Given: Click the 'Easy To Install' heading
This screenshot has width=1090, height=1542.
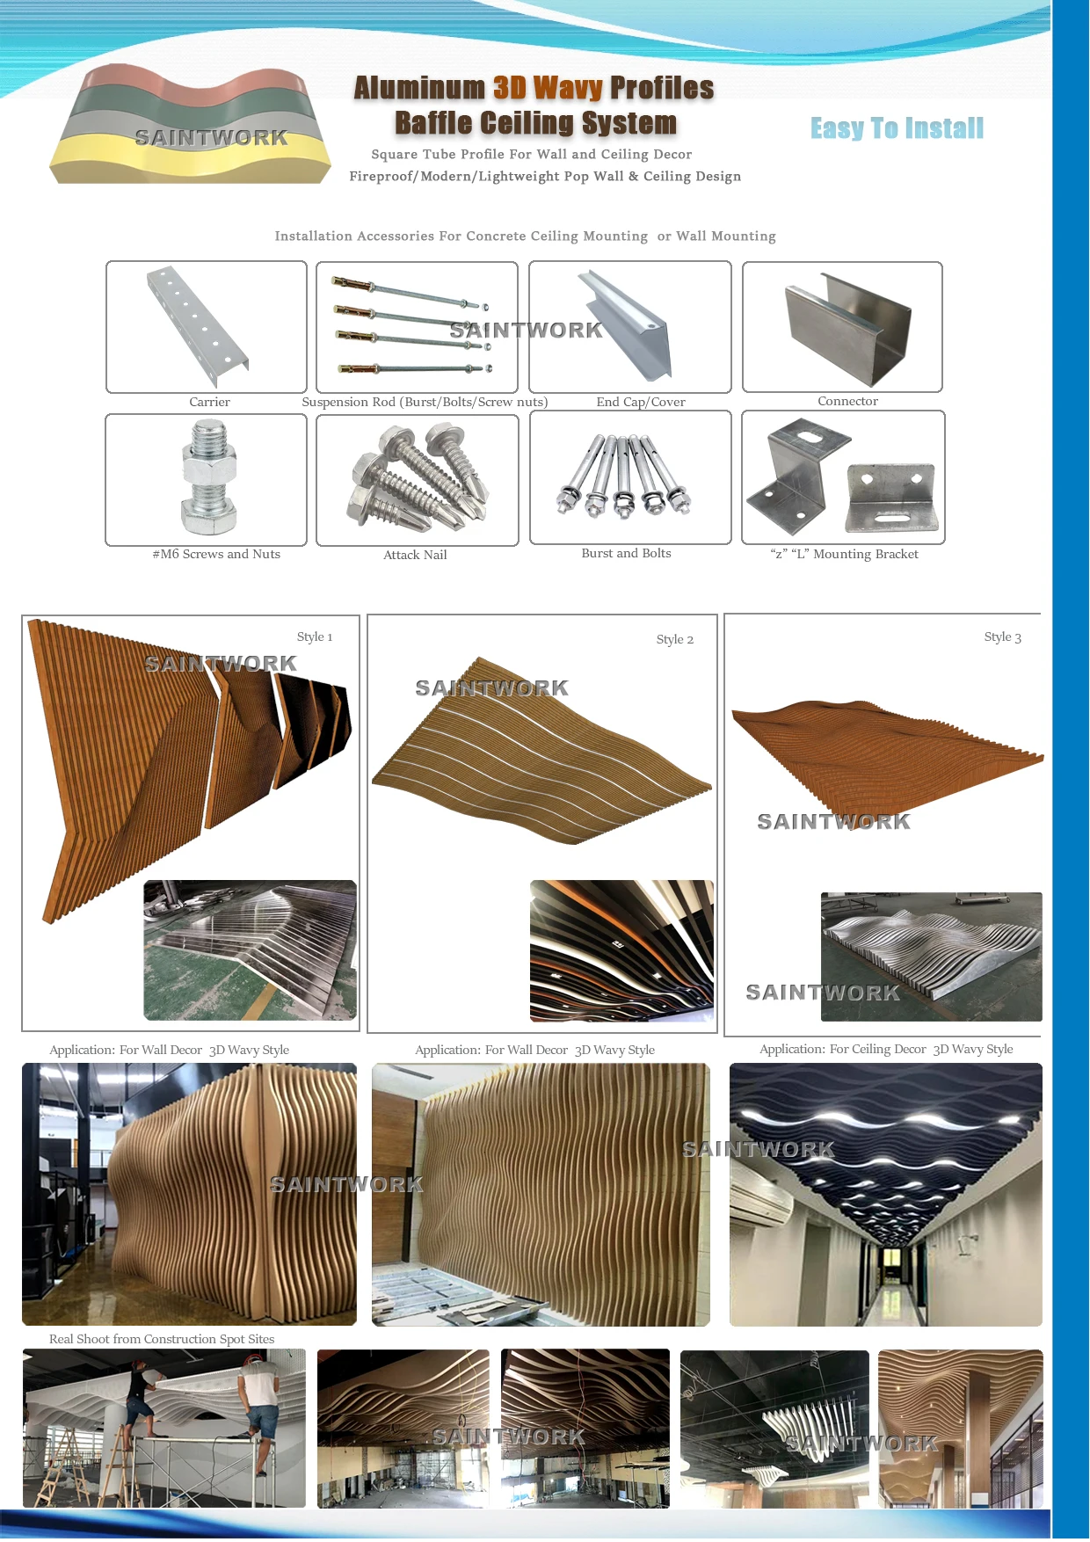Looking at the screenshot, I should click(x=897, y=128).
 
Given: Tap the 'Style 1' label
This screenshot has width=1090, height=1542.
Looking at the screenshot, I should click(x=315, y=636).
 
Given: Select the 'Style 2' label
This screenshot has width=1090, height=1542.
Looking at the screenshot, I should click(x=674, y=639).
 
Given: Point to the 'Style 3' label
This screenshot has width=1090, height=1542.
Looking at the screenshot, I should click(x=1002, y=636).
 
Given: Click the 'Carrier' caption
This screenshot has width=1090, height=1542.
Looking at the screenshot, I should click(x=209, y=402).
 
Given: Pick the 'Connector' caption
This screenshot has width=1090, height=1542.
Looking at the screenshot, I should click(x=847, y=401).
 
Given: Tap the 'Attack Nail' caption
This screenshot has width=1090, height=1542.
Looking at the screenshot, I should click(x=415, y=555).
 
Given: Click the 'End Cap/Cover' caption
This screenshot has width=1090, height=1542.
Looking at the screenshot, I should click(x=640, y=402).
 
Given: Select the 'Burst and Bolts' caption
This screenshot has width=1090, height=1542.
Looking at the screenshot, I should click(x=626, y=553).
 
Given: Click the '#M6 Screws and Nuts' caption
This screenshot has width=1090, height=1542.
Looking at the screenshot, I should click(x=216, y=554).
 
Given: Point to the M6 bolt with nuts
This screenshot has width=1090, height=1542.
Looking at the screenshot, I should click(x=208, y=477).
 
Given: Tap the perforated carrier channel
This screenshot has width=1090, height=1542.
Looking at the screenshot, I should click(x=198, y=324).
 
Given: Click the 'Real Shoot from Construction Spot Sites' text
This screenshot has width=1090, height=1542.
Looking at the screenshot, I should click(x=162, y=1339).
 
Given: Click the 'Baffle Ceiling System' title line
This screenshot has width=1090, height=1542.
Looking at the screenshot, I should click(x=535, y=123).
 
